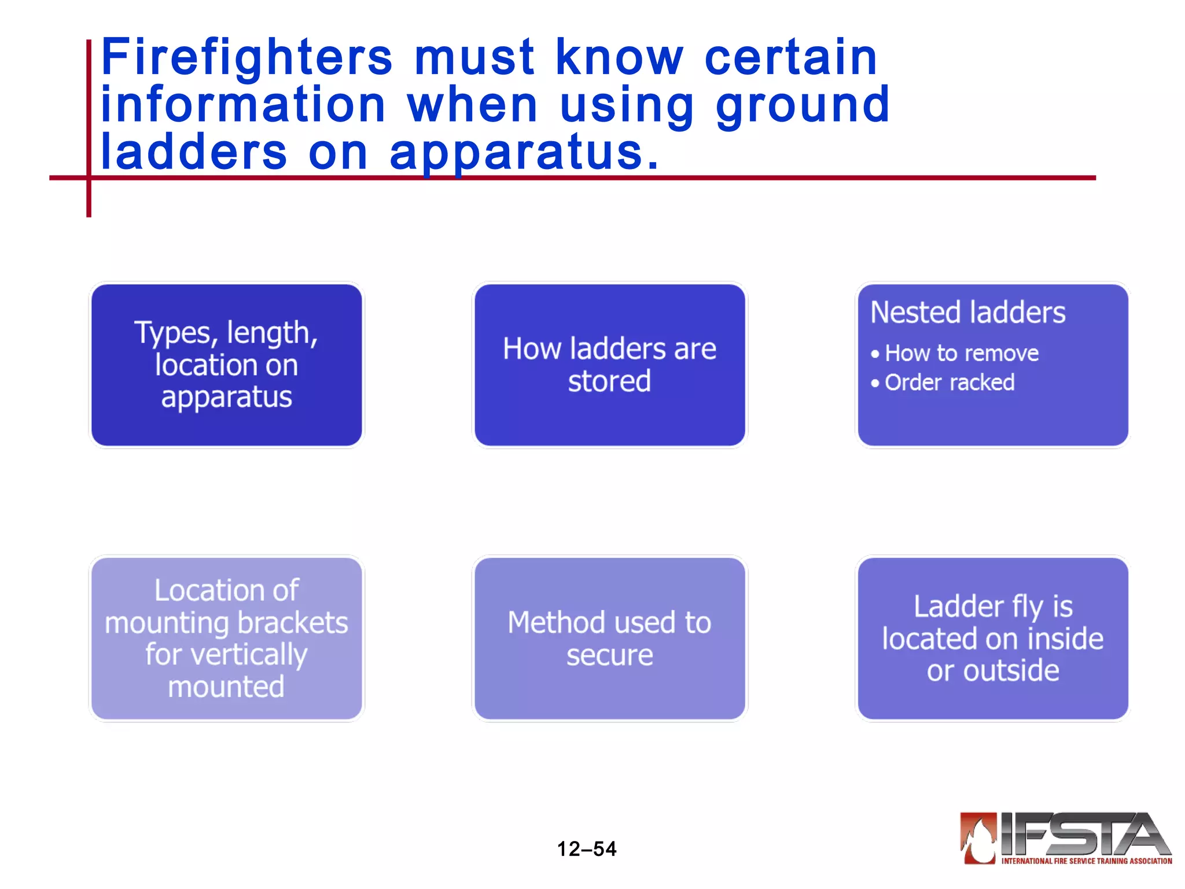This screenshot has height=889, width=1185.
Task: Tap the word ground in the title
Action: [x=803, y=105]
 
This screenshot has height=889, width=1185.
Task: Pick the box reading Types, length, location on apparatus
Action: [x=227, y=365]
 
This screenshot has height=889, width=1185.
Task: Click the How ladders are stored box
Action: [x=609, y=365]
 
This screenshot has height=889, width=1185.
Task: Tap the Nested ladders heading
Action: [x=967, y=313]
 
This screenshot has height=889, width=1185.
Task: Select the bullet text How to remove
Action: [x=962, y=353]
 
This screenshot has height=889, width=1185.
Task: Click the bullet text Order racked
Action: [x=950, y=383]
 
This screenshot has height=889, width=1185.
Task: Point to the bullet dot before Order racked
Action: [x=875, y=383]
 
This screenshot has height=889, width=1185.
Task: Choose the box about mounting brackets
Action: [x=227, y=638]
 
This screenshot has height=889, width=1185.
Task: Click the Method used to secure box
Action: [x=609, y=638]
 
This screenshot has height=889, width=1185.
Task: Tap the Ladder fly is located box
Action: [x=993, y=638]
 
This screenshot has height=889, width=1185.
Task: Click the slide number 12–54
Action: [x=587, y=849]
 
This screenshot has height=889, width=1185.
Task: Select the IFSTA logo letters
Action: [x=1082, y=833]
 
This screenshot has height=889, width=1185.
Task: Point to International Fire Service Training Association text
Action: [x=1087, y=861]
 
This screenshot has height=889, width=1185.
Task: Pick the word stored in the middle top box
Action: [x=609, y=381]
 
